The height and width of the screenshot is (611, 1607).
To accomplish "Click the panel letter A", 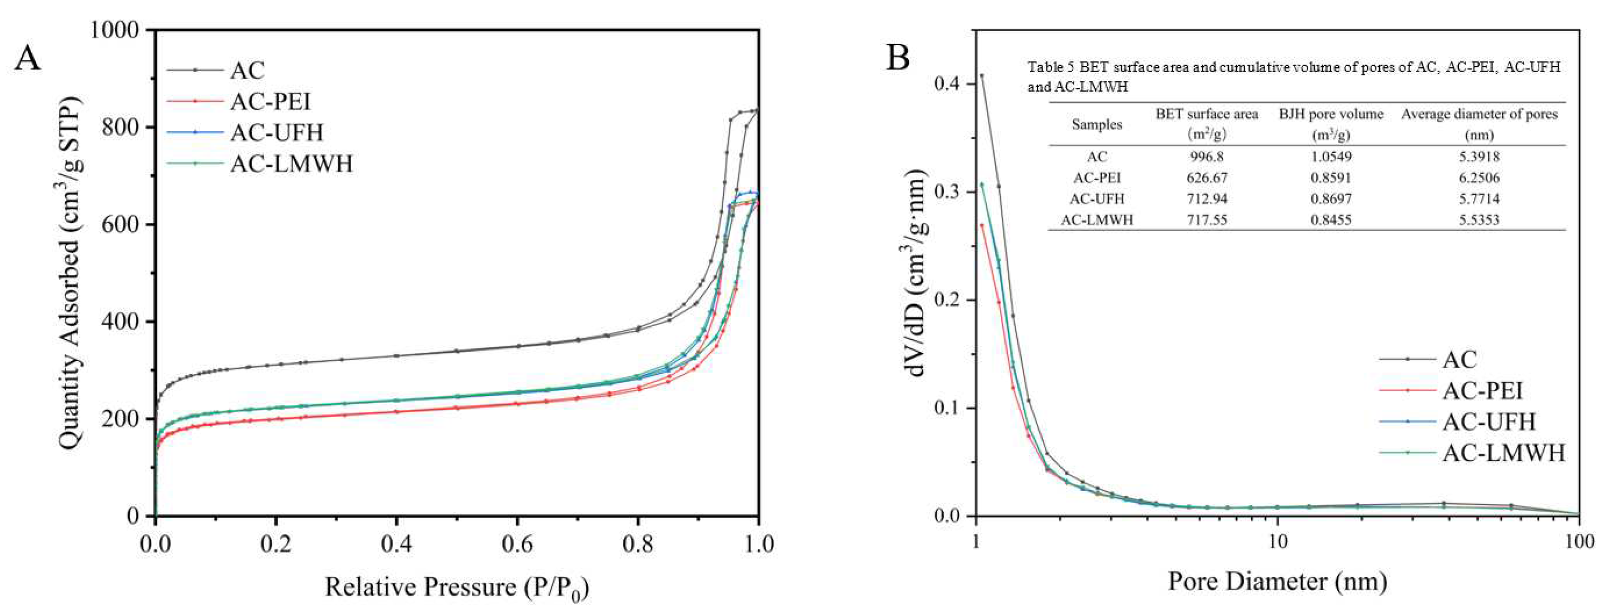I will pos(28,59).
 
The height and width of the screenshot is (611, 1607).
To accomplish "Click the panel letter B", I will pos(898,58).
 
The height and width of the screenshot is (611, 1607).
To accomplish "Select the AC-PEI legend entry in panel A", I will pos(270,101).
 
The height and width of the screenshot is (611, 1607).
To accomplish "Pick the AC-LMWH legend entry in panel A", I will pos(291,164).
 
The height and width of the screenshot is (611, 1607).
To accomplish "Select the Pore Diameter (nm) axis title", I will pos(1277,581).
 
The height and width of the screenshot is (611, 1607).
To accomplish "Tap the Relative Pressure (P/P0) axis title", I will pos(457,587).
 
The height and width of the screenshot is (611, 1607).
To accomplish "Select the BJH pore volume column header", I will pos(1331,115).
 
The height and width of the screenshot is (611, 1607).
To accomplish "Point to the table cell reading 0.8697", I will pos(1331,199).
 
